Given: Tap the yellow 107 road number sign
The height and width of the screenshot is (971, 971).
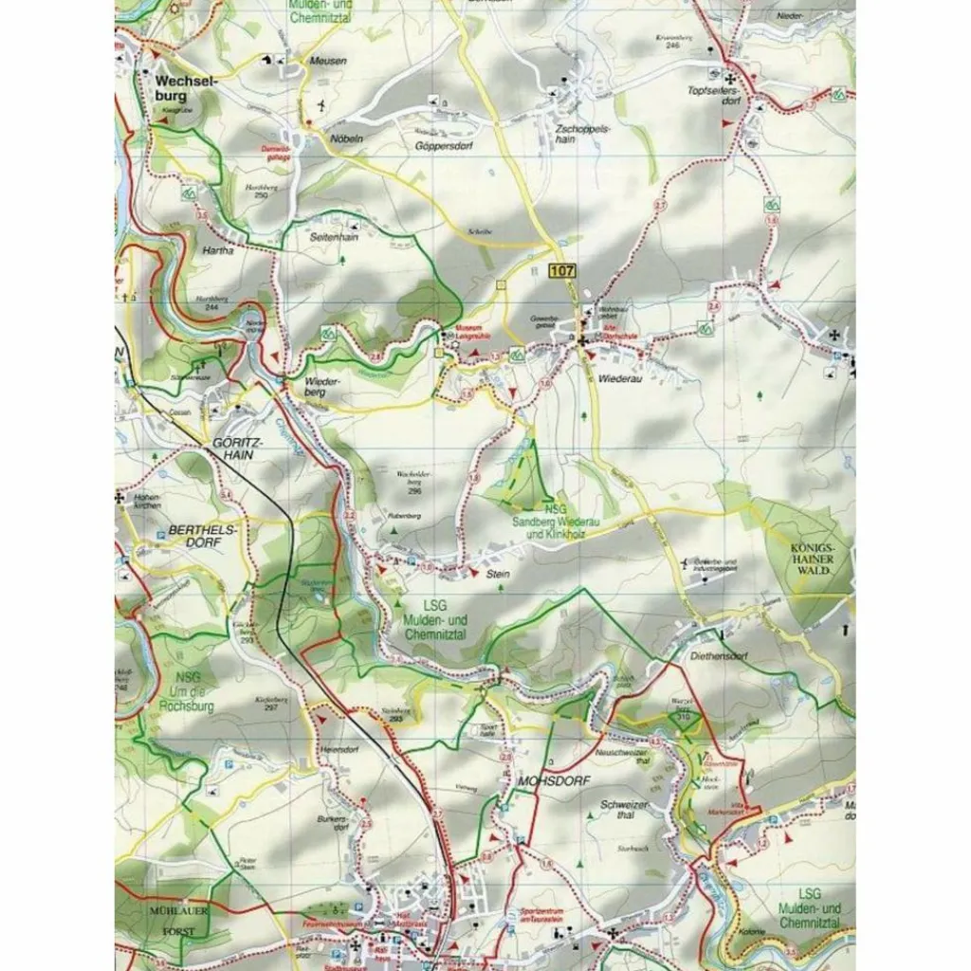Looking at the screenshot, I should pos(561,271).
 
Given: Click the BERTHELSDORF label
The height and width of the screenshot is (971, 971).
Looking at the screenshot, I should pos(193,537).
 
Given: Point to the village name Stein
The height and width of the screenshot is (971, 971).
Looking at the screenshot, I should pos(498,574).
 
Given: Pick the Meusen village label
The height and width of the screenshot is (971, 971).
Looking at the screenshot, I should pos(328,61).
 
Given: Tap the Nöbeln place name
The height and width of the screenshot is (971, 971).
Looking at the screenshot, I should pos(346,138).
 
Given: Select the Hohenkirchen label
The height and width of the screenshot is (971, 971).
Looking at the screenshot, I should pos(148,501).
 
